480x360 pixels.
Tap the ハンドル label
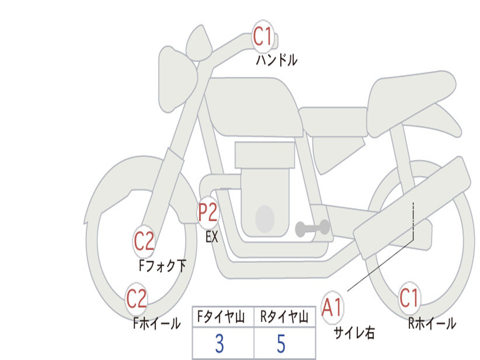[x=277, y=60]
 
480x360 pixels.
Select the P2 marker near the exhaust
[x=208, y=212]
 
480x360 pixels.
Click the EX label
[x=211, y=237]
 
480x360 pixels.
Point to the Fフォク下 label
[x=162, y=265]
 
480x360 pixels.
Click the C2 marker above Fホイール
[x=136, y=299]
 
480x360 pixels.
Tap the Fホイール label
[x=157, y=323]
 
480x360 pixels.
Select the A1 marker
[x=332, y=307]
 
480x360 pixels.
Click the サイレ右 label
[x=354, y=332]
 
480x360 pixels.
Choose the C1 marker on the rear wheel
[x=409, y=298]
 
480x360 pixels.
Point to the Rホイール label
[x=432, y=323]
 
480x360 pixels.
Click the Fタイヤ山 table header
[x=221, y=316]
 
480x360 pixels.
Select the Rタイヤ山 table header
[x=284, y=316]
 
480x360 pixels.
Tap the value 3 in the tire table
[x=219, y=344]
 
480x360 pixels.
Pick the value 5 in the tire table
[x=281, y=344]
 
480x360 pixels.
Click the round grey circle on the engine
[x=265, y=219]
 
